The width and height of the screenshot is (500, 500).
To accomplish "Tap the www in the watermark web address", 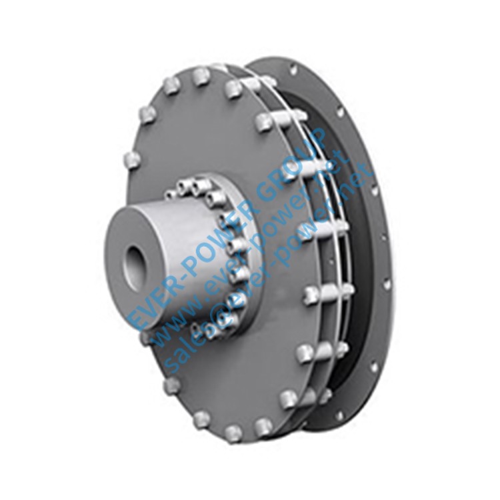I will point(175,320).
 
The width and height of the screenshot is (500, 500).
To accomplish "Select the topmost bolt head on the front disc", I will point(201,76).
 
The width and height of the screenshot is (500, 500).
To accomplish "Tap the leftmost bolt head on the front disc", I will point(132,160).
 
